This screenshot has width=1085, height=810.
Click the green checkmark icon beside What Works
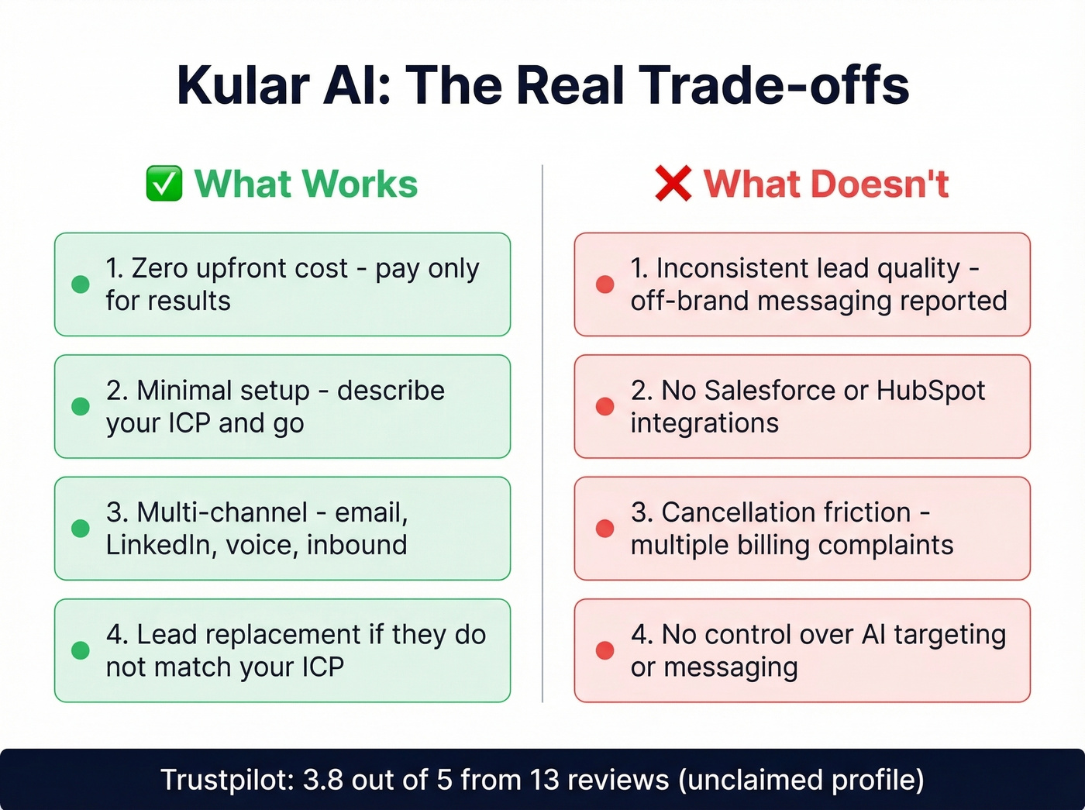point(164,184)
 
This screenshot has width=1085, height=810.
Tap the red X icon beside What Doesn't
point(673,184)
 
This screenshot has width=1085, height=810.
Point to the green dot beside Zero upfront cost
point(81,284)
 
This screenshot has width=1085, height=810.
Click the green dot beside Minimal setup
point(81,406)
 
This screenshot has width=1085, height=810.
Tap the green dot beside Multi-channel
point(81,529)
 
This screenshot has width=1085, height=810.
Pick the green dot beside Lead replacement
point(81,650)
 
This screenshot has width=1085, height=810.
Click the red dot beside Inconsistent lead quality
point(605,284)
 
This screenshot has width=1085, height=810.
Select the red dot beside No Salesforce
point(605,406)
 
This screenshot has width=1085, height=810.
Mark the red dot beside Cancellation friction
point(605,529)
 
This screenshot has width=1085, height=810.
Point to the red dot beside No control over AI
point(605,650)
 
